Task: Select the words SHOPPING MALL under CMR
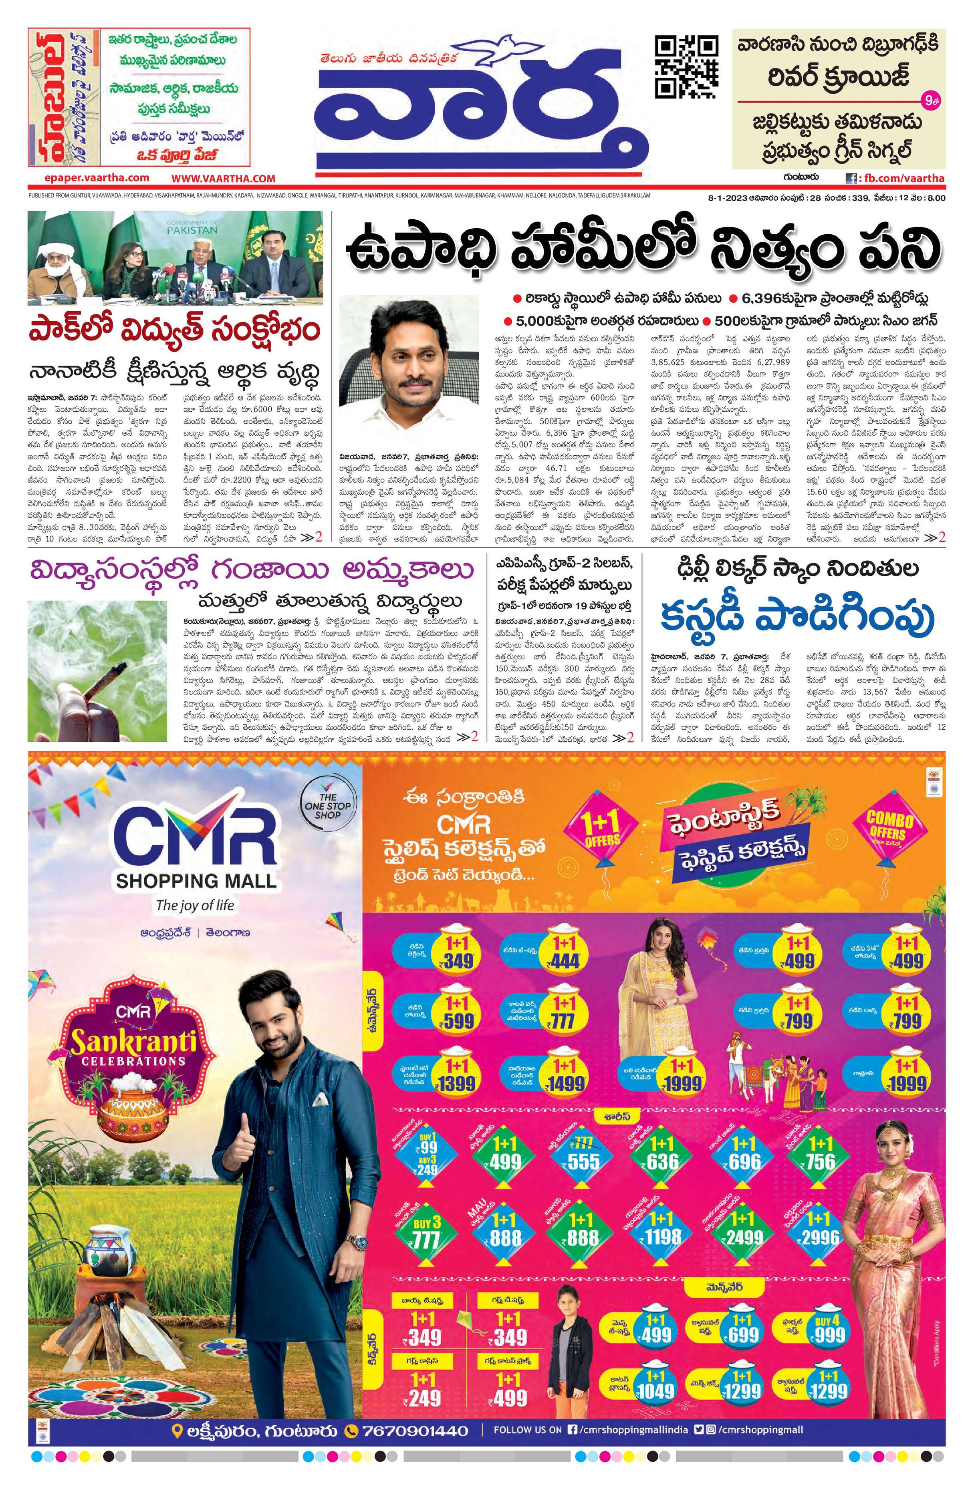coord(196,880)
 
